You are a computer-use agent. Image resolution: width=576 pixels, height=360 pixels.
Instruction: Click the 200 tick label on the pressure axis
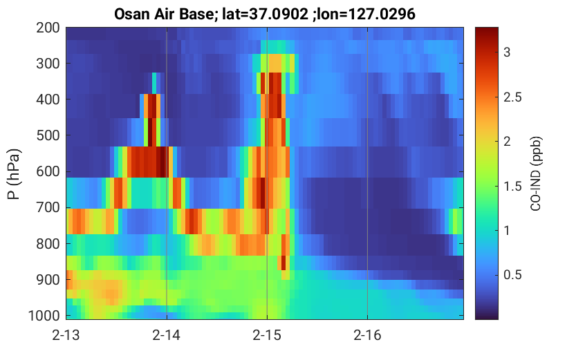(48, 28)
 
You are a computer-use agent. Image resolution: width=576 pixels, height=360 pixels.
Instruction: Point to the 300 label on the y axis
(48, 64)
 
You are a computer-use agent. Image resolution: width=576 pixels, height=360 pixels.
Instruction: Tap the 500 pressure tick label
(48, 135)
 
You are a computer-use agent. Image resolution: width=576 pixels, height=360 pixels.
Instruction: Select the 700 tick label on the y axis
(48, 207)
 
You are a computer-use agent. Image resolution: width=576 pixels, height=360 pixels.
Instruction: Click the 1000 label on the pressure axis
(44, 315)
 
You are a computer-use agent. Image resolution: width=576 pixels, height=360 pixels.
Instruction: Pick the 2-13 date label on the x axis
(66, 335)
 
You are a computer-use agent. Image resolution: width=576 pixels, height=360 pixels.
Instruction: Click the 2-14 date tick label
(167, 335)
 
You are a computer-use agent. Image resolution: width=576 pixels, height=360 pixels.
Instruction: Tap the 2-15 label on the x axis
(267, 335)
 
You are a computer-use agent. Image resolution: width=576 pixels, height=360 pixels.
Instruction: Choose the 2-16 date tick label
(367, 335)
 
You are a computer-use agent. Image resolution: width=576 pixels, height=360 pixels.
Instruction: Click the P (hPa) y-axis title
(14, 174)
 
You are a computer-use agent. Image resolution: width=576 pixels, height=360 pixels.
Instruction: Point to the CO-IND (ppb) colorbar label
(536, 173)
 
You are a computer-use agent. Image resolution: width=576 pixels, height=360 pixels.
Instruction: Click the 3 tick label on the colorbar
(507, 53)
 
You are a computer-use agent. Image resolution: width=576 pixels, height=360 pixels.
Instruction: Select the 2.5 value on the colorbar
(512, 97)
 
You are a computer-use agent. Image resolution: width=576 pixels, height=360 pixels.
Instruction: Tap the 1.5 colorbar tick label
(512, 187)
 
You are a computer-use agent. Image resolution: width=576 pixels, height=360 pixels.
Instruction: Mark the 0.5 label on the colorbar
(512, 275)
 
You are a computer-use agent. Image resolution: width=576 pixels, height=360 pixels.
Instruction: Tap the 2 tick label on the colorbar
(507, 142)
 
